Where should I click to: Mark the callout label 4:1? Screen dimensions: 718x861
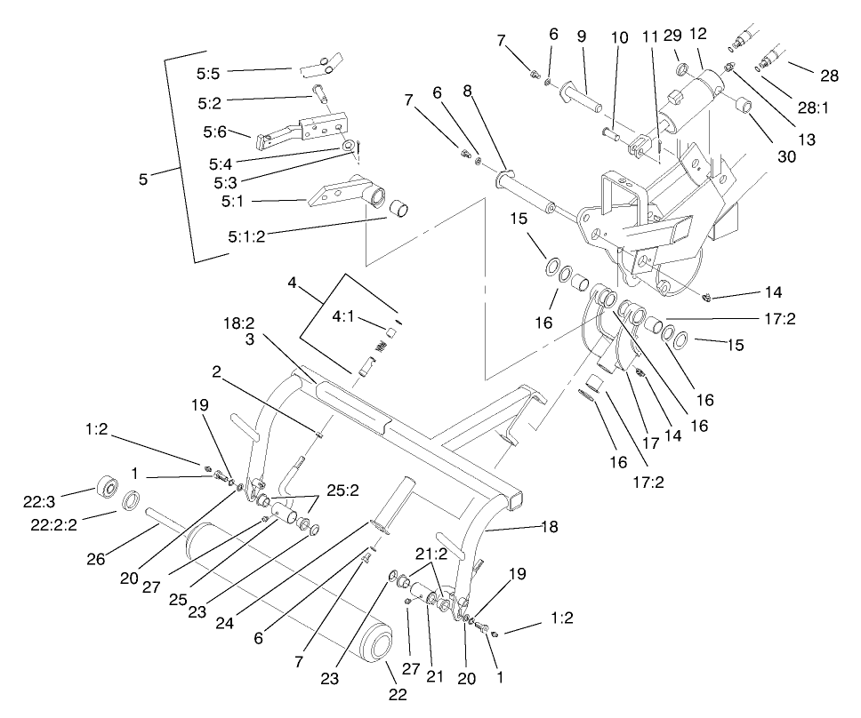(346, 315)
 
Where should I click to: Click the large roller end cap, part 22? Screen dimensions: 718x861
(380, 642)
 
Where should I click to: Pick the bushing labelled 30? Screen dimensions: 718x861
(746, 110)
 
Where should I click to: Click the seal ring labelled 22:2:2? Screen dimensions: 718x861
(130, 502)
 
